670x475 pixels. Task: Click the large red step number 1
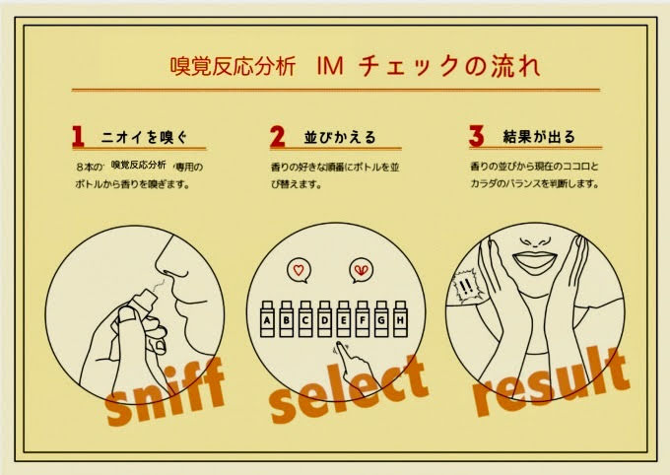[78, 136]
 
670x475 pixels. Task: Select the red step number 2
[277, 136]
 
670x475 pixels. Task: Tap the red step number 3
[476, 136]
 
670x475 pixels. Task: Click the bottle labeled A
[267, 319]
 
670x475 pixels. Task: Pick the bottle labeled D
[325, 319]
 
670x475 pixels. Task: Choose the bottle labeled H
[400, 319]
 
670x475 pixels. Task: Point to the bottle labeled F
[363, 319]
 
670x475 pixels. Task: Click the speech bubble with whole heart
[299, 271]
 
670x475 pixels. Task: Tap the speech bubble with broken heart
[361, 271]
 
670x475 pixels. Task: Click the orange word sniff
[165, 392]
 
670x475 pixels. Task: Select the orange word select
[348, 389]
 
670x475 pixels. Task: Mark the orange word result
[551, 381]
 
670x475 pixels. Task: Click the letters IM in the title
[330, 67]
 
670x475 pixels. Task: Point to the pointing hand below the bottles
[355, 364]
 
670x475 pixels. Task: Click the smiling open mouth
[535, 260]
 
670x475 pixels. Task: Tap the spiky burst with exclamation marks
[467, 286]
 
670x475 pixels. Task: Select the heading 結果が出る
[539, 136]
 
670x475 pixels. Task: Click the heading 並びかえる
[340, 137]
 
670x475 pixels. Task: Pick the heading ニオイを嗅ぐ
[144, 137]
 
